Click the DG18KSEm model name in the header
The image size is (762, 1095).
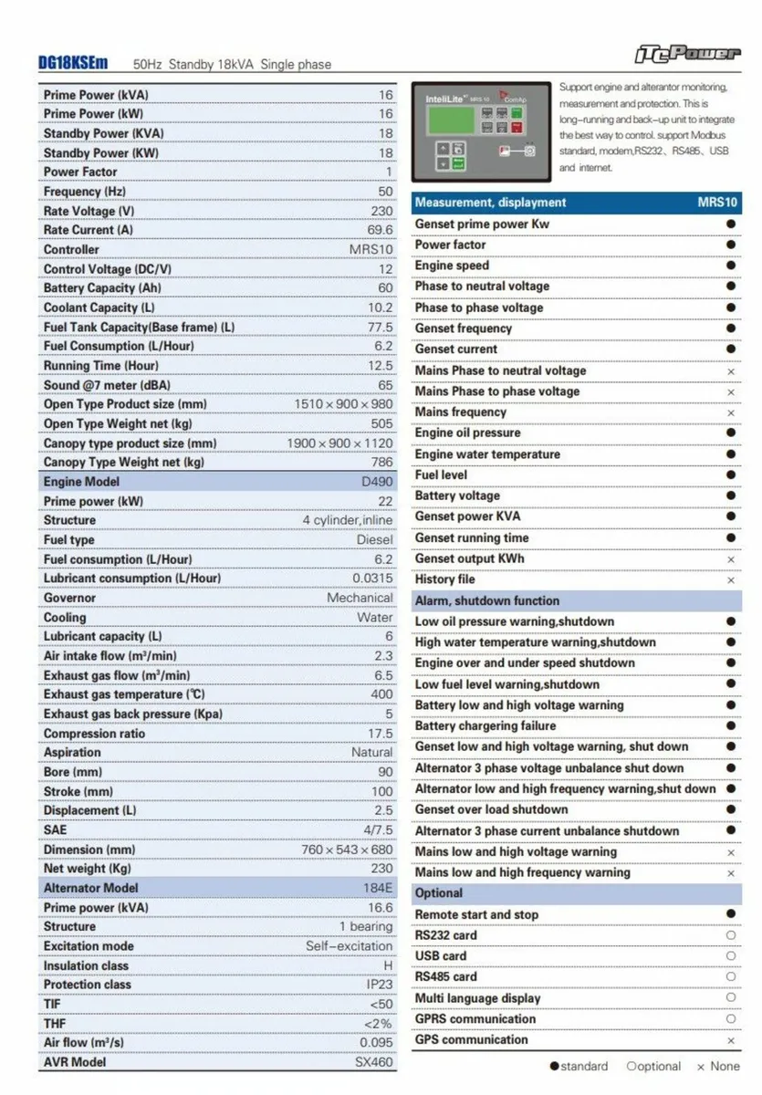point(73,63)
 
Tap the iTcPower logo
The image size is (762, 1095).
point(687,53)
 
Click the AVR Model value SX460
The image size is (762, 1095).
point(374,1062)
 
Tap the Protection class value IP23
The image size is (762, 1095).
point(379,985)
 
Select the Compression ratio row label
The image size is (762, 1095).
point(94,734)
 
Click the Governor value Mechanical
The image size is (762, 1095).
point(360,598)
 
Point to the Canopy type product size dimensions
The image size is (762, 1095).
point(339,443)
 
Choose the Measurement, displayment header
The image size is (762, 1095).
point(490,203)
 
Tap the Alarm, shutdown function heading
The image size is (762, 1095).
point(487,600)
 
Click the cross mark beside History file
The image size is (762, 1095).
point(731,580)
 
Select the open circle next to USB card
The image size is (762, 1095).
point(731,956)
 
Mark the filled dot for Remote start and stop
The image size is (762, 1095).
point(731,914)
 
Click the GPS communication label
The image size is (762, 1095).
point(471,1039)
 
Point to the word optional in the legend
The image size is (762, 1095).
point(659,1066)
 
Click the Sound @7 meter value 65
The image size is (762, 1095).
point(385,385)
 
